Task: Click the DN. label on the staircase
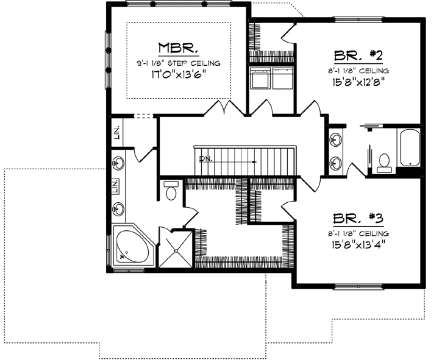(205, 159)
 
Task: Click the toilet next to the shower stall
(171, 191)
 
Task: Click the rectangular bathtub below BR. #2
(408, 147)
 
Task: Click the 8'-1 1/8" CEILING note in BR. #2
(358, 70)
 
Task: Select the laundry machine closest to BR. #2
(283, 79)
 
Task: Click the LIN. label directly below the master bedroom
(116, 132)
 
